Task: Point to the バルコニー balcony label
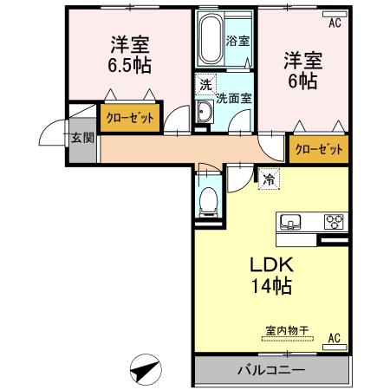(270, 370)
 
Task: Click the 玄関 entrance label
(83, 137)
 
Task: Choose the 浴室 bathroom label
(237, 40)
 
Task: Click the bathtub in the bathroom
(209, 42)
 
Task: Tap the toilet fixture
(208, 200)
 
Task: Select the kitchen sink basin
(289, 221)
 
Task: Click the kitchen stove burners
(333, 221)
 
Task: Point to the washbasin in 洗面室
(205, 113)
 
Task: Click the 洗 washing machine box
(205, 85)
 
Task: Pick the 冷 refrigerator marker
(268, 180)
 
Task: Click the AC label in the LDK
(335, 338)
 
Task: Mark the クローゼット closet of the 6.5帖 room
(131, 118)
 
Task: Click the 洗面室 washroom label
(233, 98)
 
